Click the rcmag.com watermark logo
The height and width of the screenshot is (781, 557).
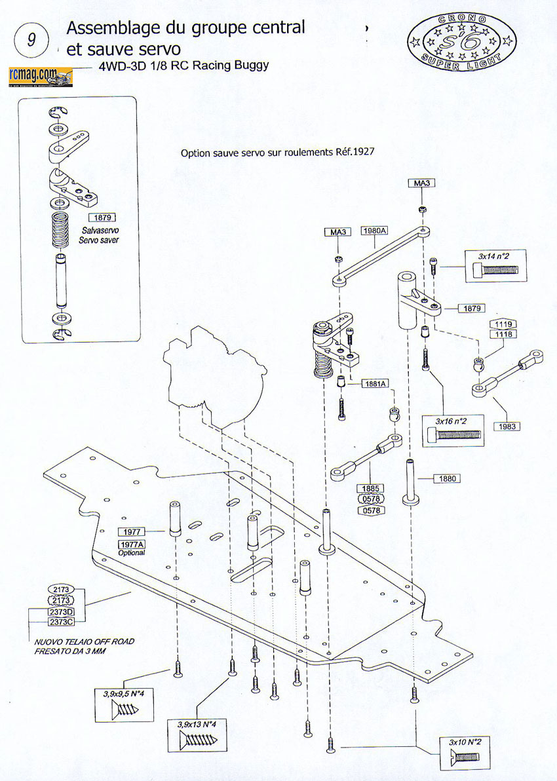41,76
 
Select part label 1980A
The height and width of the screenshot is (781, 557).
375,231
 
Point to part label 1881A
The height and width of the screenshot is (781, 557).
375,383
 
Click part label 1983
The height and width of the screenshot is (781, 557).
507,427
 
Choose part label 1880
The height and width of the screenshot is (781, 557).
447,479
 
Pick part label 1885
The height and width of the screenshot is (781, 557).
371,489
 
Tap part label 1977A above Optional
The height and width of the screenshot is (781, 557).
132,545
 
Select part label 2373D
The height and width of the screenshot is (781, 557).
61,612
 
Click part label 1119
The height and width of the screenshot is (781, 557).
503,324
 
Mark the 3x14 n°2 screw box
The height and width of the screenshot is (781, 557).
495,265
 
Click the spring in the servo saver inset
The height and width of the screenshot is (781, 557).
60,229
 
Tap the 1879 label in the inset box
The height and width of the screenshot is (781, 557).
102,218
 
